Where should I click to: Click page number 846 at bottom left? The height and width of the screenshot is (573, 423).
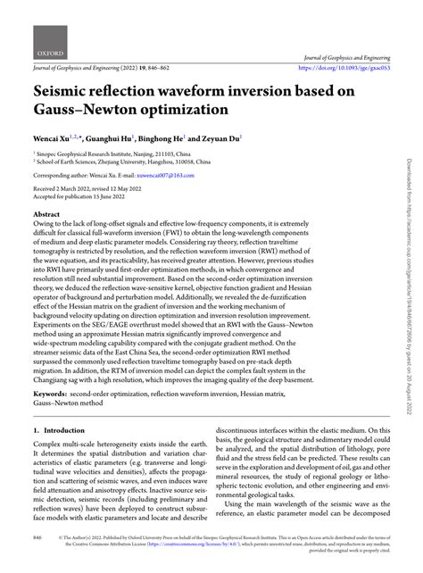coord(37,564)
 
